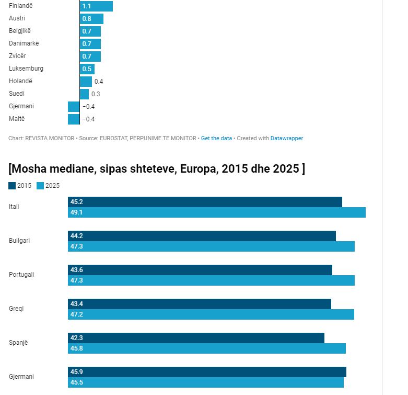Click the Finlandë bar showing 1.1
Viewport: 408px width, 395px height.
tap(97, 6)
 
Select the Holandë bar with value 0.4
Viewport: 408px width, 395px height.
tap(86, 82)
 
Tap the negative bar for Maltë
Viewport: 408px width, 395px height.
tap(74, 119)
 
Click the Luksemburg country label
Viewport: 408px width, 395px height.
tap(26, 69)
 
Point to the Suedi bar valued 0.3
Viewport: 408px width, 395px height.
tap(85, 94)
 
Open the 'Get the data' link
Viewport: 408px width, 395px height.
tap(216, 139)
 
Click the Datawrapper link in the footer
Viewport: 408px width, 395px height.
tap(287, 139)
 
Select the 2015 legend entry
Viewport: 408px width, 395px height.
tap(20, 186)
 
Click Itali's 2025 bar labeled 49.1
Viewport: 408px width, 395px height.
tap(216, 212)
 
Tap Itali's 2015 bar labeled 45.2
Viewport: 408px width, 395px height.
tap(205, 202)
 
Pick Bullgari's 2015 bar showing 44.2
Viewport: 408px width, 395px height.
tap(202, 236)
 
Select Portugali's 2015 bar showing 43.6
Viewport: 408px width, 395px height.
tap(200, 270)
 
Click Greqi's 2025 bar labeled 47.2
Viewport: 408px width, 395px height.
tap(211, 314)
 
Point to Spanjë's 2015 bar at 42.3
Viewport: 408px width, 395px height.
tap(196, 338)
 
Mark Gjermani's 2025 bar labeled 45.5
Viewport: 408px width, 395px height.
tap(206, 382)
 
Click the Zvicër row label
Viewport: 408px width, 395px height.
tap(17, 56)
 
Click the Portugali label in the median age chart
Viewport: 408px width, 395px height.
tap(21, 275)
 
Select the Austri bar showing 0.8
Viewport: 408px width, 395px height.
tap(92, 19)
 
